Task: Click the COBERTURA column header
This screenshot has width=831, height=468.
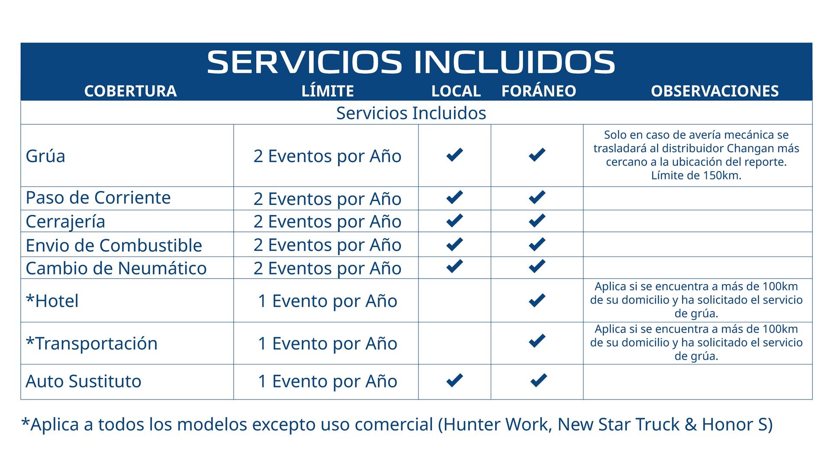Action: tap(130, 91)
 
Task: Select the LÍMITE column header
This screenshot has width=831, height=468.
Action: tap(328, 91)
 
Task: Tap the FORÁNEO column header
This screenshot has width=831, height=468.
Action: tap(539, 91)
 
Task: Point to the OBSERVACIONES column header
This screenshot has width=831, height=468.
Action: tap(715, 91)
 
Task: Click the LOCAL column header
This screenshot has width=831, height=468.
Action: tap(456, 91)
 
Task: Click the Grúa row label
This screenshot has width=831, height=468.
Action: tap(45, 156)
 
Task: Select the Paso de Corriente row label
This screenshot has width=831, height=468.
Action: tap(98, 198)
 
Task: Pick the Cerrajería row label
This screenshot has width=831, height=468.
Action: tap(65, 222)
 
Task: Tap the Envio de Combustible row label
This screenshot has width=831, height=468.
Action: tap(114, 245)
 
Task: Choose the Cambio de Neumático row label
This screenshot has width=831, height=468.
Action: tap(116, 268)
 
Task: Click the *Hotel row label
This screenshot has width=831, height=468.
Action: tap(52, 301)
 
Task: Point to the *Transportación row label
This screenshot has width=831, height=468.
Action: tap(92, 343)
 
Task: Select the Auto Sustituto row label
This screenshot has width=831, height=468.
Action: tap(84, 381)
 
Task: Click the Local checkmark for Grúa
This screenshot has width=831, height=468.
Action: tap(454, 155)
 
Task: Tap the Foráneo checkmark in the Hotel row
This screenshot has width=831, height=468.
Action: tap(537, 300)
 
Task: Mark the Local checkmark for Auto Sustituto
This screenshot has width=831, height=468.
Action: tap(454, 380)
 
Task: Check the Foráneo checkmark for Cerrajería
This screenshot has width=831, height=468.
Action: tap(537, 221)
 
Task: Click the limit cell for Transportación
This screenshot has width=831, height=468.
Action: tap(328, 343)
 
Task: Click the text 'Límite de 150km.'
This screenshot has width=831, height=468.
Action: tap(696, 175)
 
